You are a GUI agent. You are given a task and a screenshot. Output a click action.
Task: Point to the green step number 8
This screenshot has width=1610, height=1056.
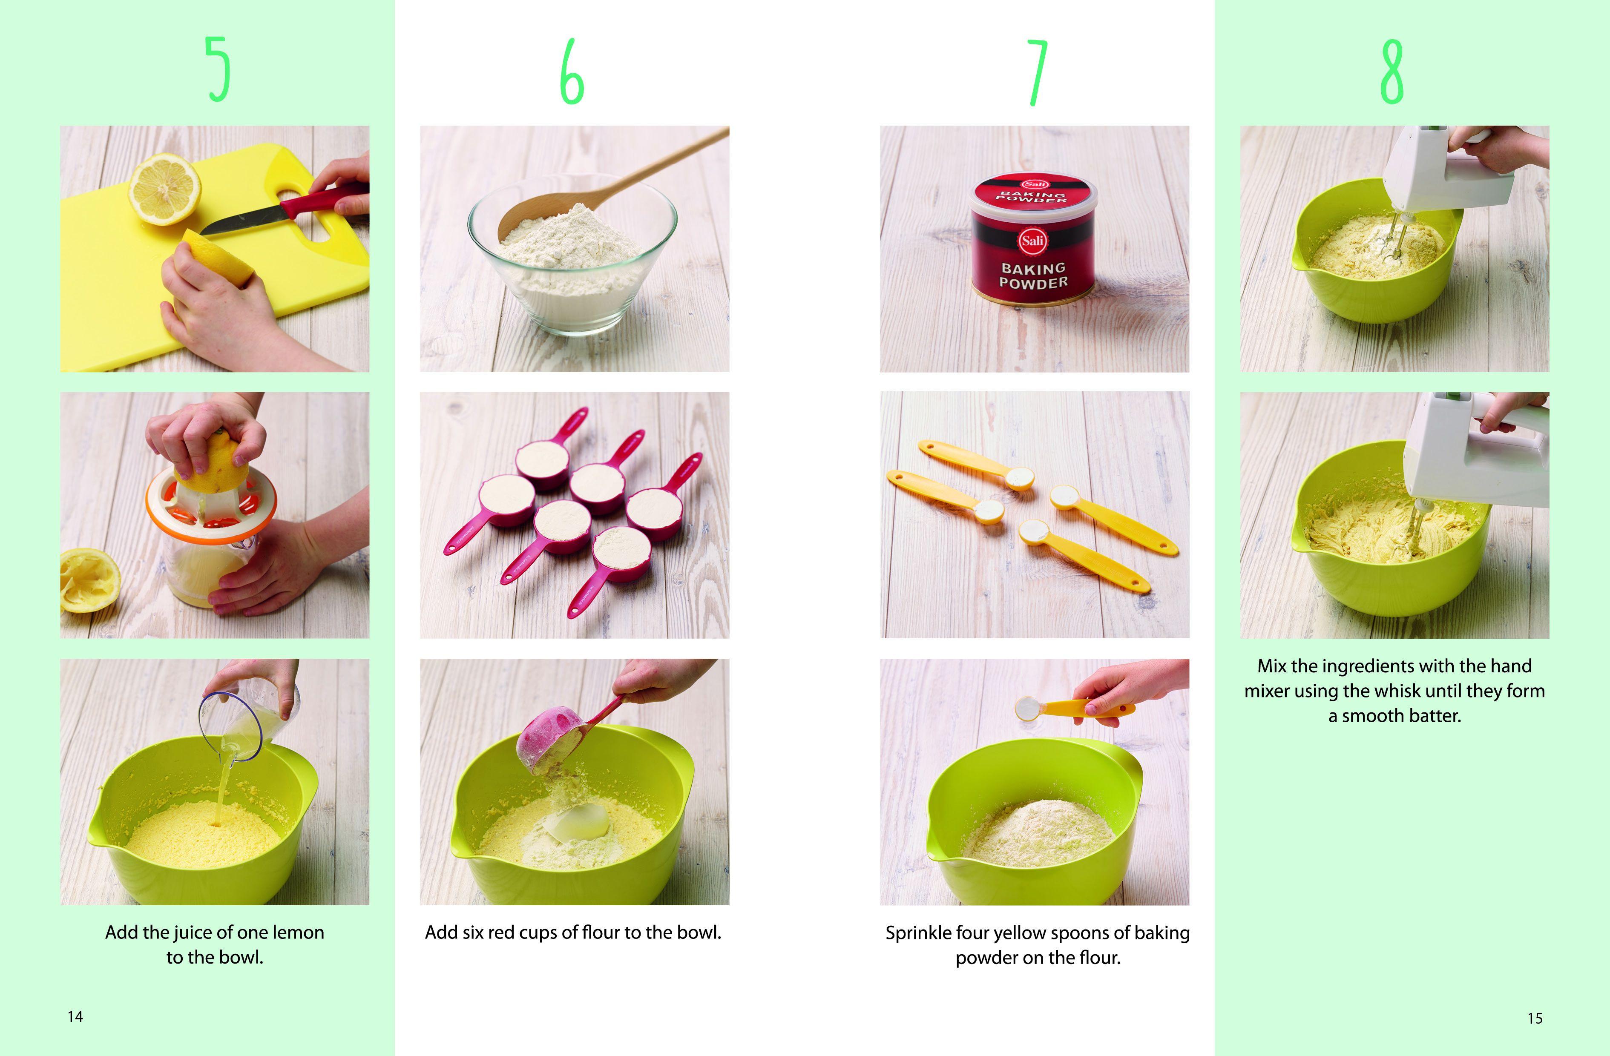(x=1392, y=72)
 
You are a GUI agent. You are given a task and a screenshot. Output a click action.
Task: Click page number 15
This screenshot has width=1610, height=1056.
(x=1535, y=1018)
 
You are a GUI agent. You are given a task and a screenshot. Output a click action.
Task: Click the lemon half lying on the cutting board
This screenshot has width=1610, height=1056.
(x=165, y=188)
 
